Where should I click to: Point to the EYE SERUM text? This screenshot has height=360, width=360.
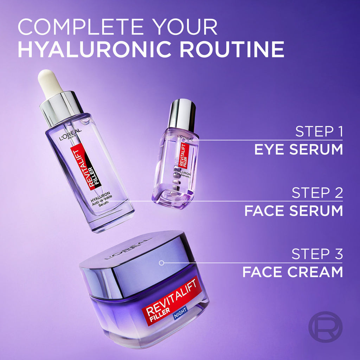tap(298, 149)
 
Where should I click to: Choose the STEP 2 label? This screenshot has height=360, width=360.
tap(317, 193)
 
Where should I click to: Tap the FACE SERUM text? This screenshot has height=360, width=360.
tap(293, 211)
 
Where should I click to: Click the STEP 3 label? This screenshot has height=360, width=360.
tap(317, 254)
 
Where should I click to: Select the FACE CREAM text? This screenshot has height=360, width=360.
tap(292, 272)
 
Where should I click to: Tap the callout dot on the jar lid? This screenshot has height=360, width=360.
tap(161, 263)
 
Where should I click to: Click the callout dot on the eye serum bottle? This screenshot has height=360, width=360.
tap(184, 140)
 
